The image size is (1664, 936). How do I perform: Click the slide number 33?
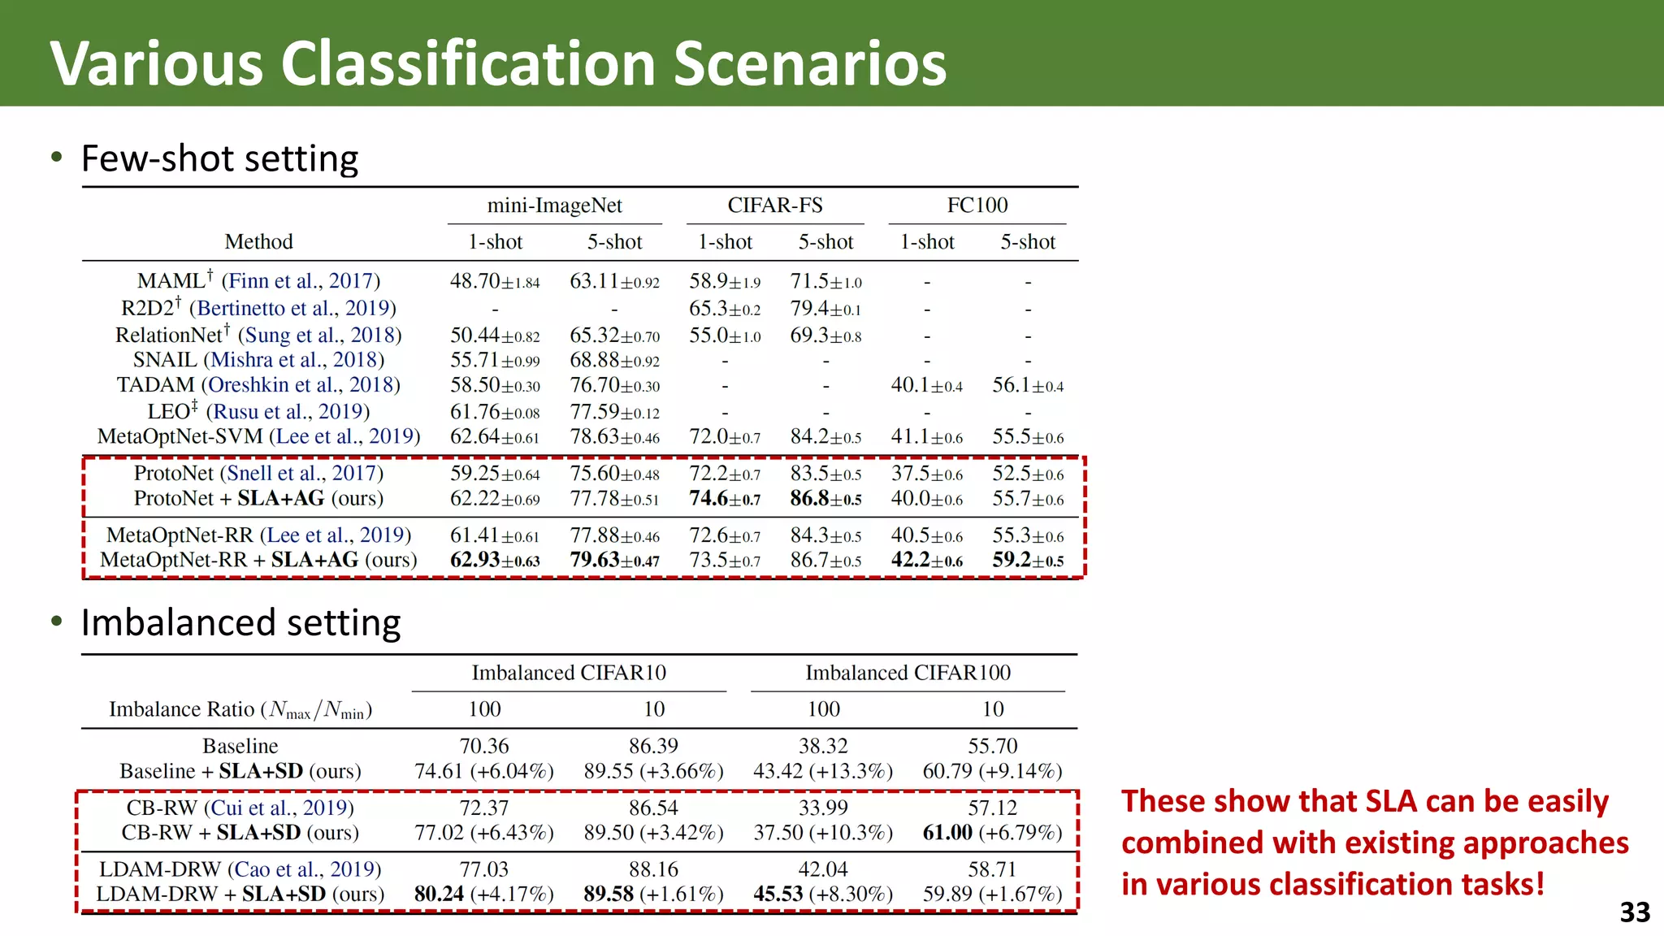pyautogui.click(x=1634, y=912)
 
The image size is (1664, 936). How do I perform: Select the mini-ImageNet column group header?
pyautogui.click(x=554, y=206)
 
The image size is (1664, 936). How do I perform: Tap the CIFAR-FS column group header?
pyautogui.click(x=774, y=206)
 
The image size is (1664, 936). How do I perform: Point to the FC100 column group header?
pyautogui.click(x=977, y=206)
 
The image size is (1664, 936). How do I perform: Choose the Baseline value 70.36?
pyautogui.click(x=484, y=746)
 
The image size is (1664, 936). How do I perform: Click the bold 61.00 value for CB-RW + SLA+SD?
pyautogui.click(x=947, y=833)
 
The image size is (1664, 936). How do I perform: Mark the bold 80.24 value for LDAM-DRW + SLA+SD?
pyautogui.click(x=439, y=894)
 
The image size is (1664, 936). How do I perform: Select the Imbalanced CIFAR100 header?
pyautogui.click(x=908, y=673)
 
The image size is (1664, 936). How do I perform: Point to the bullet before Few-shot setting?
pyautogui.click(x=56, y=157)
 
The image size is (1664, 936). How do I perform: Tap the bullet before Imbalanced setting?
pyautogui.click(x=56, y=622)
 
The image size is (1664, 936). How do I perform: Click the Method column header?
pyautogui.click(x=258, y=242)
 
